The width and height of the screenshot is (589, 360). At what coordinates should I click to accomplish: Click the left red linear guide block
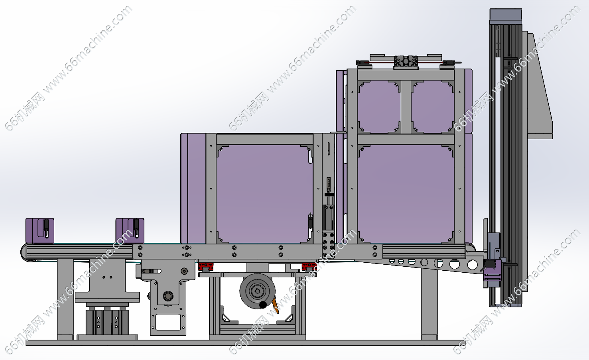[206, 266]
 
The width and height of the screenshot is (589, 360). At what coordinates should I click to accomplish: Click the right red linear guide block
[309, 266]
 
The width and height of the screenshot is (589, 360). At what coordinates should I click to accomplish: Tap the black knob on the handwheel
[263, 305]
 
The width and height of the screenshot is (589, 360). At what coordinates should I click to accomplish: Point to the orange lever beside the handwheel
[275, 305]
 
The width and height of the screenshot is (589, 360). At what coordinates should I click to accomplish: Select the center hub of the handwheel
[257, 291]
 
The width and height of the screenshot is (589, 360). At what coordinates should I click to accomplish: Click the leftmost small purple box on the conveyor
[40, 230]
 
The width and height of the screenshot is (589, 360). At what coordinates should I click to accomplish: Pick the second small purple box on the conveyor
[130, 230]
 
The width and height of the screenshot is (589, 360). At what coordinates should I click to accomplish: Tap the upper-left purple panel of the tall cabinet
[379, 106]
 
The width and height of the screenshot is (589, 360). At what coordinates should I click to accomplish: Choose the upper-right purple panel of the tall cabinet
[433, 106]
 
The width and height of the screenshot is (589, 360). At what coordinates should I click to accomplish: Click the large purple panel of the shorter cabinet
[264, 194]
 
